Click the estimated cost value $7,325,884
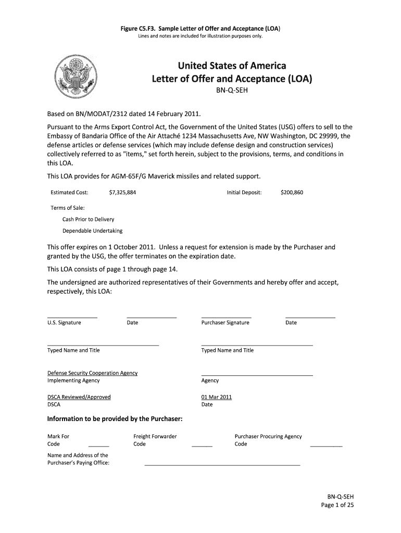(x=122, y=193)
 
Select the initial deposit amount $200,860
(x=292, y=193)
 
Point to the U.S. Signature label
(x=64, y=323)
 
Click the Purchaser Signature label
(x=225, y=323)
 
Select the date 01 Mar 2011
(x=216, y=397)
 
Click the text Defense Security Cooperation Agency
(x=92, y=373)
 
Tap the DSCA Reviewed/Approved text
(x=79, y=397)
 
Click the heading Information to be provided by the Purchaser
(x=115, y=419)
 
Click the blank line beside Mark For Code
(x=99, y=446)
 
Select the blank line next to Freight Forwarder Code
(x=202, y=446)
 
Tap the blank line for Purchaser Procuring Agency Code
(x=326, y=446)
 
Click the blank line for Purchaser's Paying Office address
(x=222, y=464)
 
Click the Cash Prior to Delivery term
(x=88, y=219)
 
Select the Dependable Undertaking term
(x=93, y=231)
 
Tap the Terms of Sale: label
(x=67, y=208)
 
